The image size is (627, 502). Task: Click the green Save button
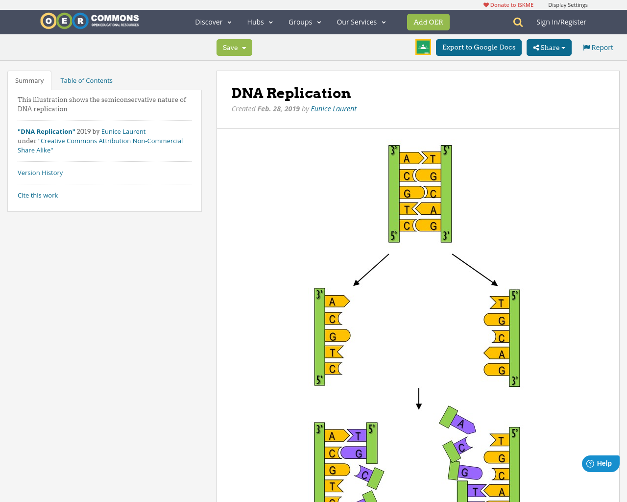click(234, 48)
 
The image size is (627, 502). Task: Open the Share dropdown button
click(549, 48)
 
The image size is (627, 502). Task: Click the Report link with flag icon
click(598, 48)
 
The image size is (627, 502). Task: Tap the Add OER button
click(428, 22)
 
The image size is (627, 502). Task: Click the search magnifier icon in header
click(518, 22)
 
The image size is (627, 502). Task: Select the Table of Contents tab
click(86, 80)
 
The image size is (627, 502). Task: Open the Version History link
click(40, 173)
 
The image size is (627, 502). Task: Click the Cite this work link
click(38, 195)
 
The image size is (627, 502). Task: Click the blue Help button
click(600, 463)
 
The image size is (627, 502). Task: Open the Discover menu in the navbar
click(213, 22)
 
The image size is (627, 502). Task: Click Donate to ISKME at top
click(508, 5)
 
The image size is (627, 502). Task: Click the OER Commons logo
click(90, 21)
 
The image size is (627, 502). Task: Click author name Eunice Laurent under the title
click(333, 109)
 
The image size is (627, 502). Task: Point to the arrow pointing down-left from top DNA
click(371, 270)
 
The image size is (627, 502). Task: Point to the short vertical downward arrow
click(419, 399)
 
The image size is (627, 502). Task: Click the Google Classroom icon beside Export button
click(423, 47)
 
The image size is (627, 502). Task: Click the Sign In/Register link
click(561, 22)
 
